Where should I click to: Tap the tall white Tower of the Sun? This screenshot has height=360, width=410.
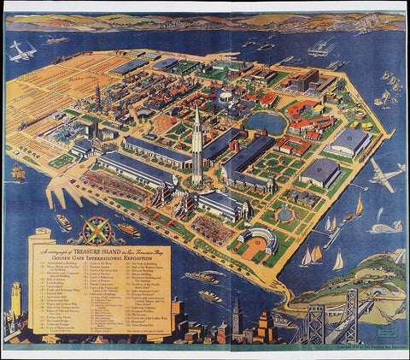(x=196, y=145)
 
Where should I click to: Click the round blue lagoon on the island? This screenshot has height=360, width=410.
(x=266, y=125)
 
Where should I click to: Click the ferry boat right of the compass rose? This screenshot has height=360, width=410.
(x=128, y=230)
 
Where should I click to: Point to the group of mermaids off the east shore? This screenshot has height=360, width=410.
(x=391, y=86)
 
